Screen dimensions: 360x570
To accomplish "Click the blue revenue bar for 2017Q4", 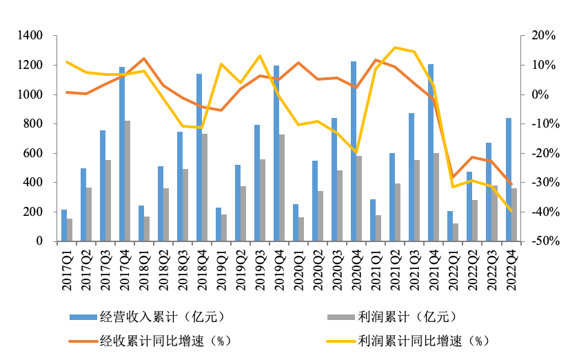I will click(x=122, y=154).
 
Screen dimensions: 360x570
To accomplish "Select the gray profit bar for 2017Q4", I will click(x=128, y=181).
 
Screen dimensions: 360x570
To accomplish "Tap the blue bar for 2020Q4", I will click(x=354, y=152).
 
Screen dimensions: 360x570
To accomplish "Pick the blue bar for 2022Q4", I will click(x=508, y=179).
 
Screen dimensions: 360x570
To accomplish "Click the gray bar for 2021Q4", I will click(x=436, y=197).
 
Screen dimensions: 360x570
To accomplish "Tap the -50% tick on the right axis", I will click(x=542, y=241).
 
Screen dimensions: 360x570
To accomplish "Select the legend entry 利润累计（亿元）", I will click(x=407, y=317).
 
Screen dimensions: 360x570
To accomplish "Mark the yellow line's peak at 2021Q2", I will click(x=395, y=48).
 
